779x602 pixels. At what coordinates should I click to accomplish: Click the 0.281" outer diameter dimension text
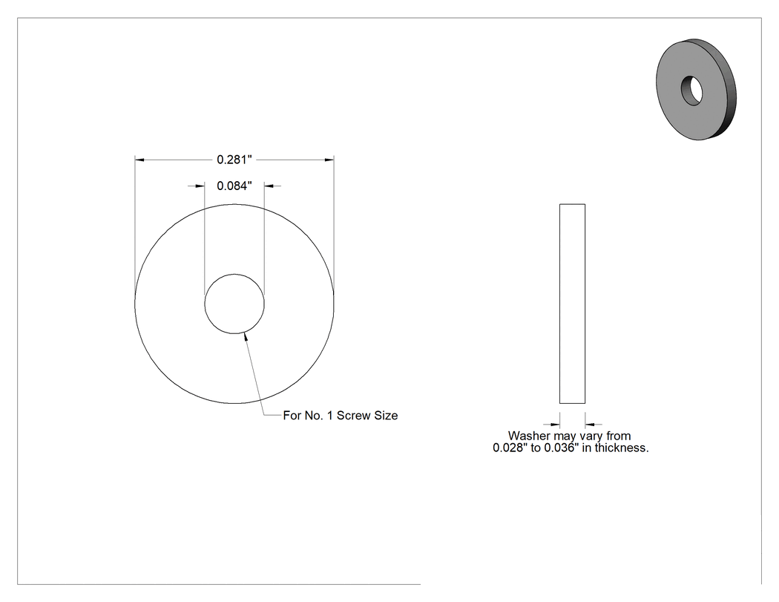[234, 160]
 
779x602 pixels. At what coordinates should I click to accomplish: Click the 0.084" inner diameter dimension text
[234, 186]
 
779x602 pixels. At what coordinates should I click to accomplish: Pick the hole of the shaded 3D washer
[691, 91]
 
